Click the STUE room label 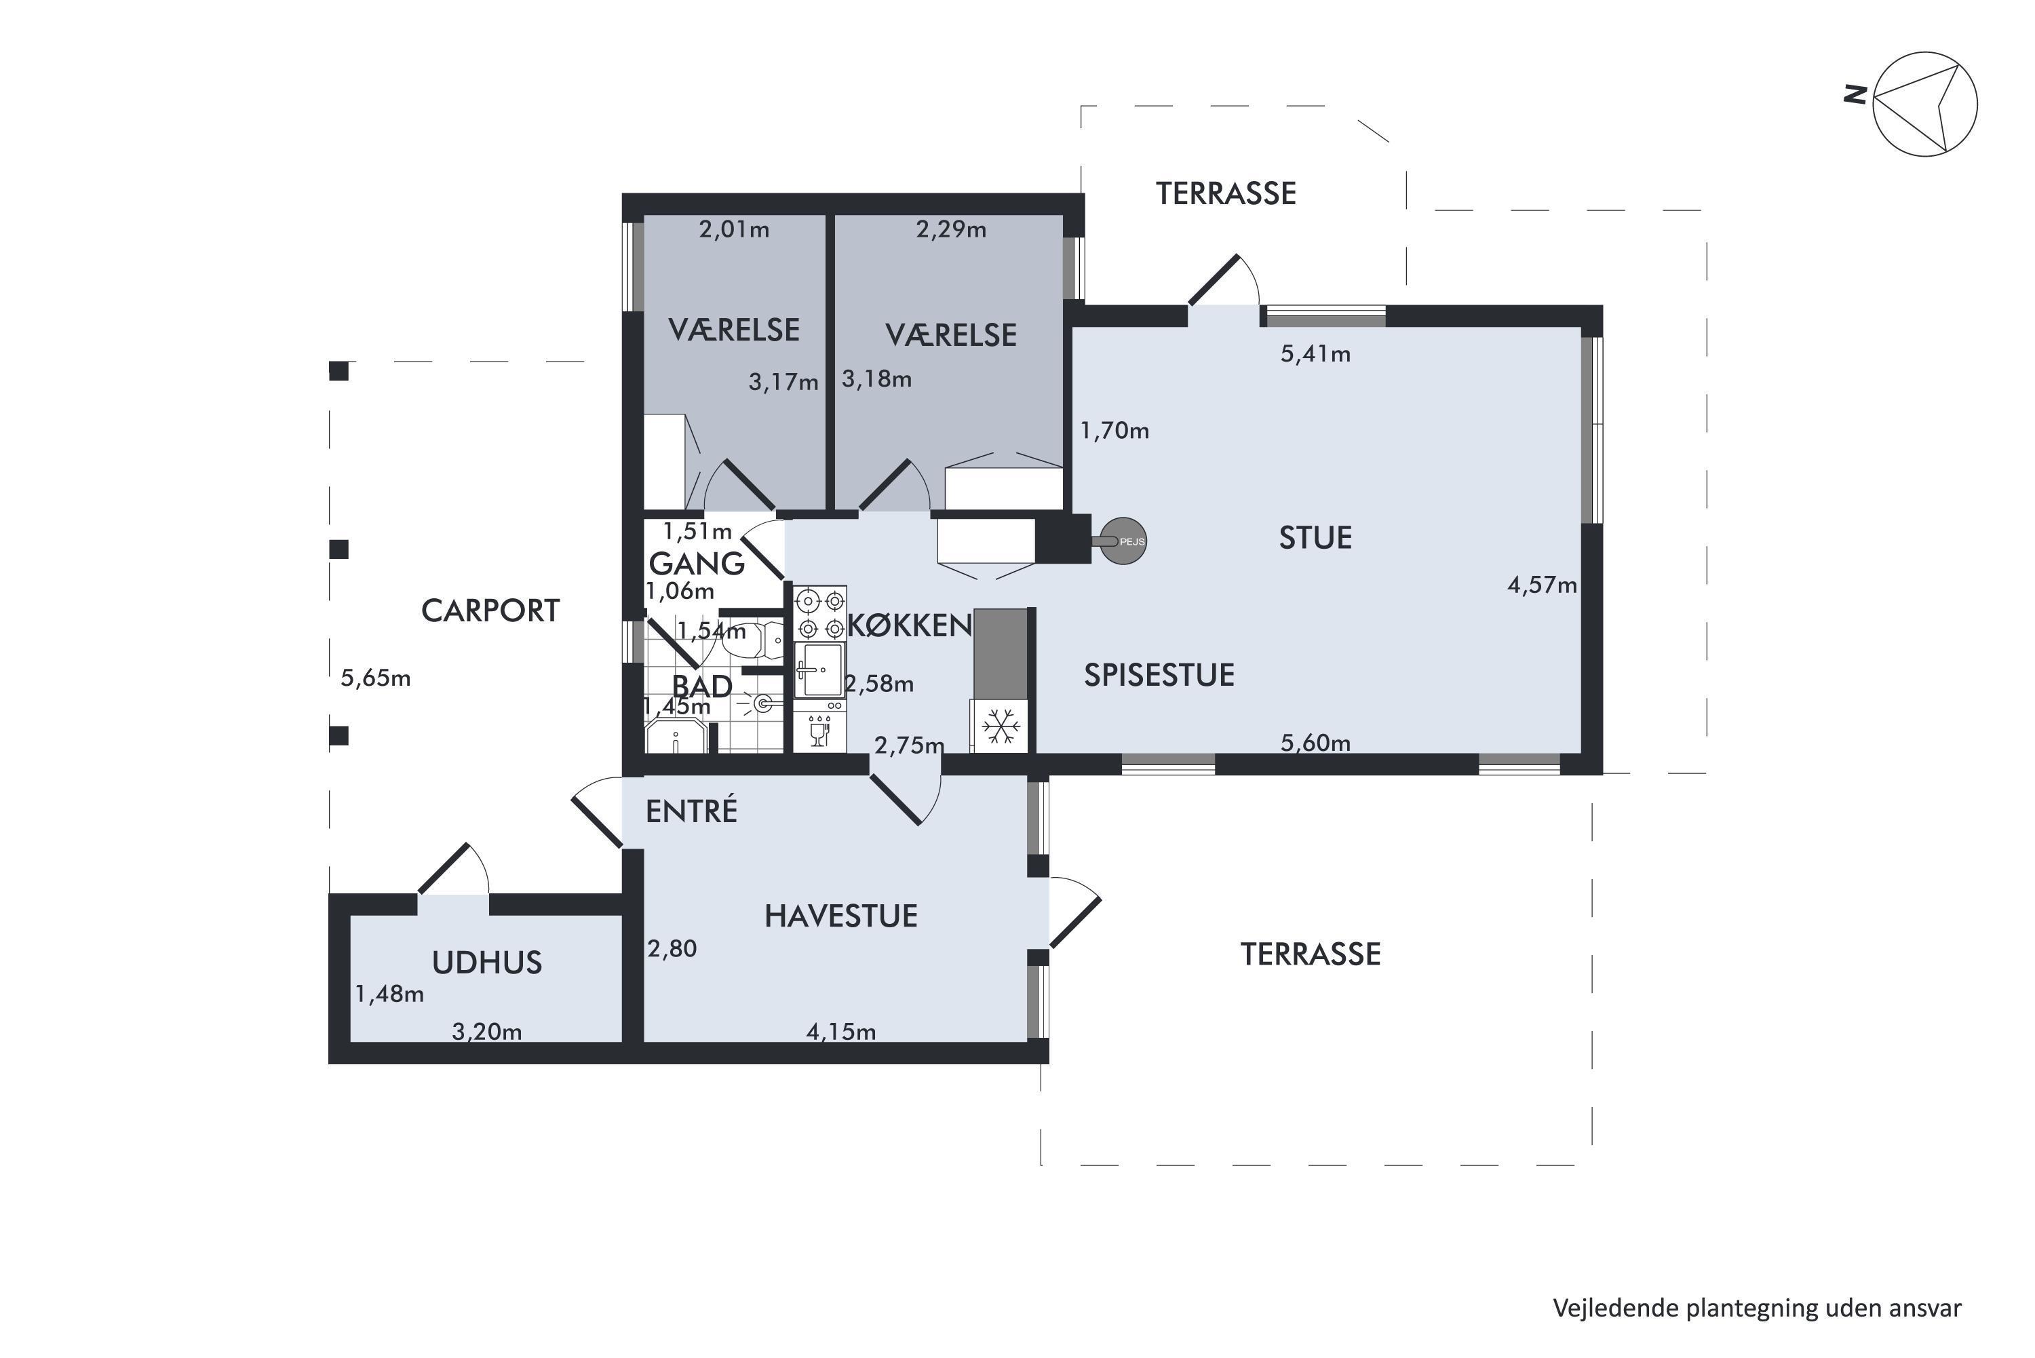pos(1315,538)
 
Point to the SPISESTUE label pos(1159,675)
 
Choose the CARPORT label pos(490,610)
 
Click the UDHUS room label pos(486,963)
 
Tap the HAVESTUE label pos(841,916)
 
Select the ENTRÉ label pos(691,810)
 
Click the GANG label pos(696,564)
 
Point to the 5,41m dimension pos(1315,354)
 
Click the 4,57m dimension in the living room pos(1543,585)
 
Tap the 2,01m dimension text pos(735,229)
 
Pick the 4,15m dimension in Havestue pos(841,1032)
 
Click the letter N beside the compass pos(1854,94)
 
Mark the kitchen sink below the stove pos(820,669)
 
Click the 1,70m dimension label pos(1115,431)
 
